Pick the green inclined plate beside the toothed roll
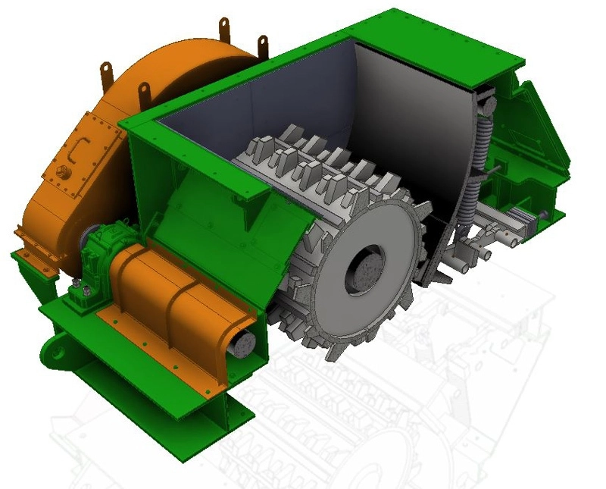pyautogui.click(x=227, y=227)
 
